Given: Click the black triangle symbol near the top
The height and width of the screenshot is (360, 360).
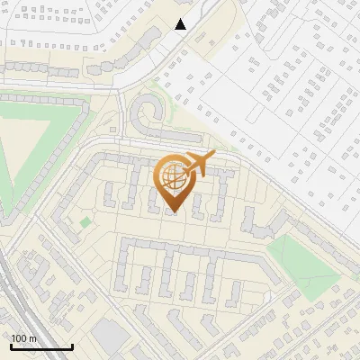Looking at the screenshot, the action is pyautogui.click(x=180, y=24).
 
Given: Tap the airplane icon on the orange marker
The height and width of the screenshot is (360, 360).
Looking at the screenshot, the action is pyautogui.click(x=198, y=165).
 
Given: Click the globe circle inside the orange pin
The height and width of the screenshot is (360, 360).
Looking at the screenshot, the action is pyautogui.click(x=174, y=178).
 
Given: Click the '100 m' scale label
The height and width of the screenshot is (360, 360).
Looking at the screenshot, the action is pyautogui.click(x=23, y=337).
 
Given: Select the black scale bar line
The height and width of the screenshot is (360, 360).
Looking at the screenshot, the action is pyautogui.click(x=40, y=346).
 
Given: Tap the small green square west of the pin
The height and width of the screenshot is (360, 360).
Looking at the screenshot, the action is pyautogui.click(x=85, y=221).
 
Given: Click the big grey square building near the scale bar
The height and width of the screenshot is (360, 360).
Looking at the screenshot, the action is pyautogui.click(x=110, y=337).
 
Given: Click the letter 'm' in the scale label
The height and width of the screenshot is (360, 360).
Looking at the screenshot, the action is pyautogui.click(x=32, y=337).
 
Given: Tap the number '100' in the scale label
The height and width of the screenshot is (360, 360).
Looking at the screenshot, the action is pyautogui.click(x=19, y=337).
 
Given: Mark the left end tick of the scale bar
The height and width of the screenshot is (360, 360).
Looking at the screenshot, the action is pyautogui.click(x=10, y=346).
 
